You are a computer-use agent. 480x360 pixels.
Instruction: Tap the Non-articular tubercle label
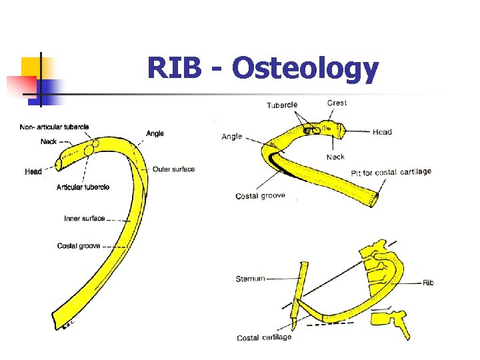coord(54,127)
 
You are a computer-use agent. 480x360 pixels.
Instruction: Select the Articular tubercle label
coord(83,187)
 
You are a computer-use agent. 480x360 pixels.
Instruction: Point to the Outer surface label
coord(173,169)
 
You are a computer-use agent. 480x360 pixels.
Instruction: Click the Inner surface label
coord(84,219)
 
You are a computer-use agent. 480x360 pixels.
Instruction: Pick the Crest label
coord(337,103)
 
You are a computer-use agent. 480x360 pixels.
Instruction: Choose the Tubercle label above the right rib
coord(282,105)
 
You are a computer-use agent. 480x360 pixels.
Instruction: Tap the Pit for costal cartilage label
coord(392,172)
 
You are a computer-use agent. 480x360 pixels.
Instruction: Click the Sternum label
coord(250,278)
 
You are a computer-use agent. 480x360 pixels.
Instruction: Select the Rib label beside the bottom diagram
coord(428,283)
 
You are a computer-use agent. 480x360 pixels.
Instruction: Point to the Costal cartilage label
coord(264,337)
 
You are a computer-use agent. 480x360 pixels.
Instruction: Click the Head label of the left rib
coord(33,172)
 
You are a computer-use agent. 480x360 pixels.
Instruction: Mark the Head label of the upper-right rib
coord(382,132)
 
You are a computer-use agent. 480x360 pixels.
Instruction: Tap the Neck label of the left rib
coord(49,141)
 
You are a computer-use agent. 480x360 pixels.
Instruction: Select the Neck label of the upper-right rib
coord(335,157)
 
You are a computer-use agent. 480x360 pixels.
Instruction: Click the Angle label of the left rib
coord(155,134)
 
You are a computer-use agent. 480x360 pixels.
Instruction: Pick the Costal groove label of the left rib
coord(79,246)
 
